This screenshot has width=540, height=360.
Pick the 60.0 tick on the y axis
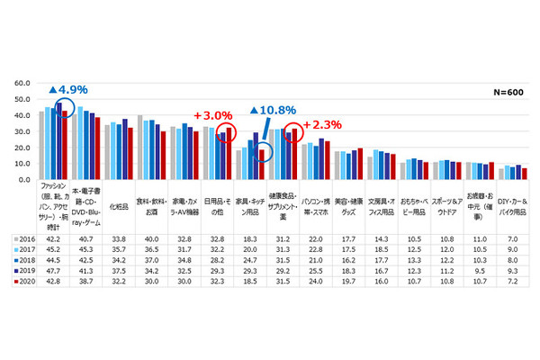click(21, 83)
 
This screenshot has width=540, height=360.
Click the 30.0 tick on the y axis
click(21, 131)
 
